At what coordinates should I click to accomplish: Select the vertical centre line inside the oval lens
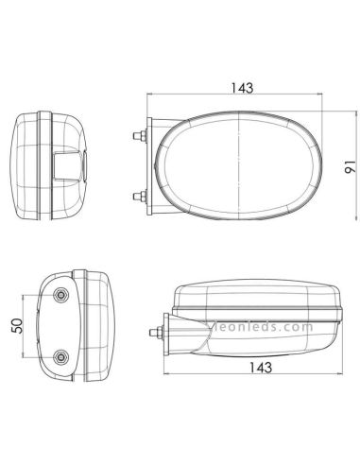point(242,166)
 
